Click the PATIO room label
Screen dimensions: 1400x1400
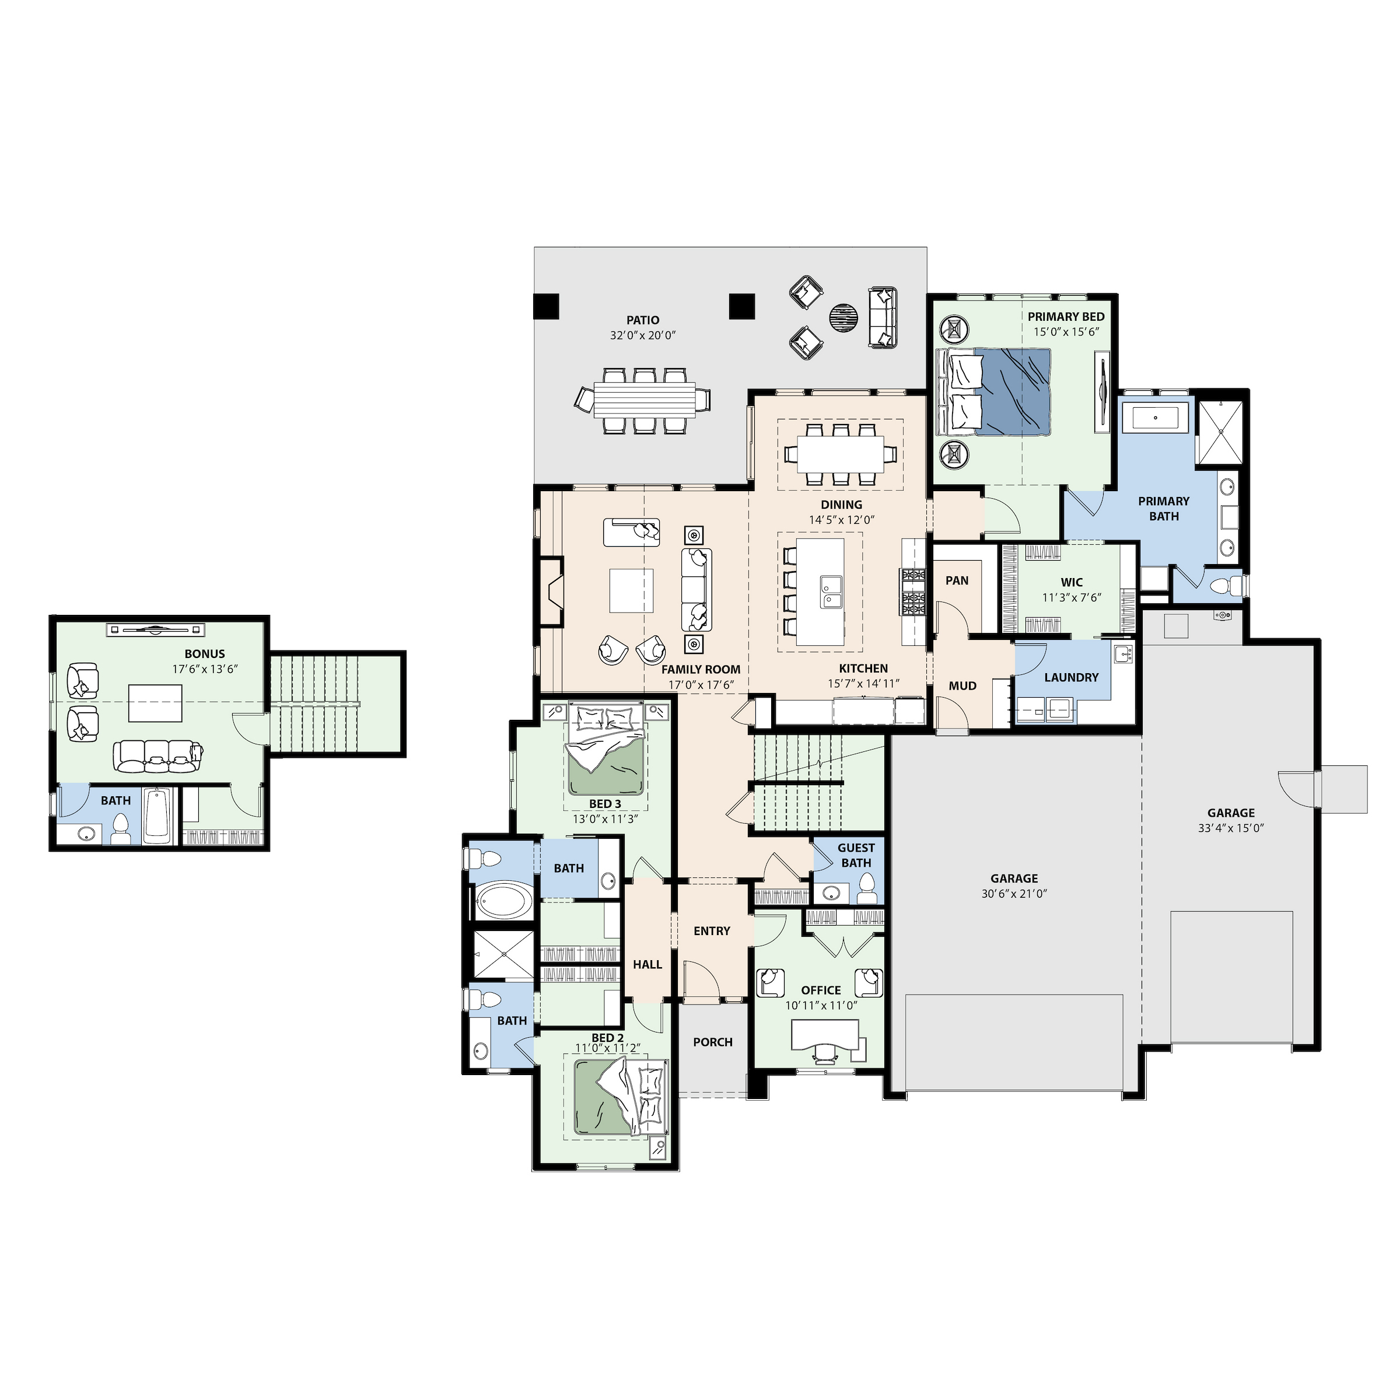click(643, 320)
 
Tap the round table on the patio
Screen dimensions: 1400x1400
click(844, 317)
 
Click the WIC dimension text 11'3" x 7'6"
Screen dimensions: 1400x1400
click(1072, 598)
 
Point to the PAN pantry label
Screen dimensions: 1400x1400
click(957, 580)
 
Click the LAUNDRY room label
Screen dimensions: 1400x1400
click(1072, 677)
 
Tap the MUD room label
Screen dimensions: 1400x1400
click(963, 685)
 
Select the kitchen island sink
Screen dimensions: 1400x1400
click(831, 592)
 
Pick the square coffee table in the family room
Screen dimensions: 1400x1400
click(631, 590)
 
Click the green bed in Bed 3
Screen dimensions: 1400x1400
click(607, 751)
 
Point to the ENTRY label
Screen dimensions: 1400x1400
click(712, 931)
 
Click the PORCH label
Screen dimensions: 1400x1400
click(713, 1042)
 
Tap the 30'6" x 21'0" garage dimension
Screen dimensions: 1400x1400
click(1014, 894)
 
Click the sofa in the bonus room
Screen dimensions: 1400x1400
click(156, 756)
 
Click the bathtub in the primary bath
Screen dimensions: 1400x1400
click(1155, 418)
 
